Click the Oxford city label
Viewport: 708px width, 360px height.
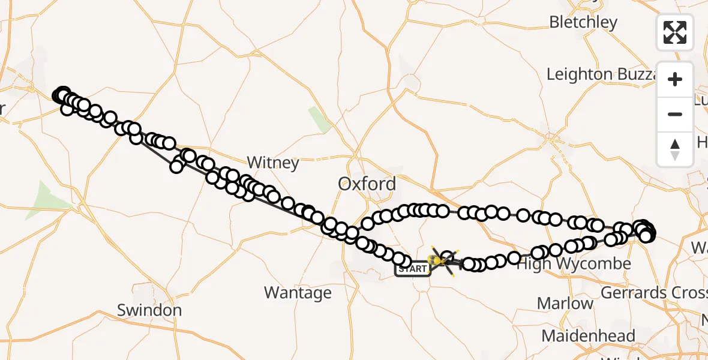point(367,184)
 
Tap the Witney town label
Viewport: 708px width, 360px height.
point(273,163)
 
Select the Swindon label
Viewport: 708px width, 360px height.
point(149,310)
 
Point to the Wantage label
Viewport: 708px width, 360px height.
point(298,293)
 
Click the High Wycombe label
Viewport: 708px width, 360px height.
point(574,264)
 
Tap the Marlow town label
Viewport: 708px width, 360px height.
point(565,304)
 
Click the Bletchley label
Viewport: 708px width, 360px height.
point(583,23)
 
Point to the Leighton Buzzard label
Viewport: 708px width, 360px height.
point(603,74)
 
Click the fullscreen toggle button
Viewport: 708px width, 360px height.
point(675,32)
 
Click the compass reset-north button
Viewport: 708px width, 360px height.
point(675,149)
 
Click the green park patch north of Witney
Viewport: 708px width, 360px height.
point(320,119)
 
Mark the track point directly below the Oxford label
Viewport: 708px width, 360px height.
point(368,224)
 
